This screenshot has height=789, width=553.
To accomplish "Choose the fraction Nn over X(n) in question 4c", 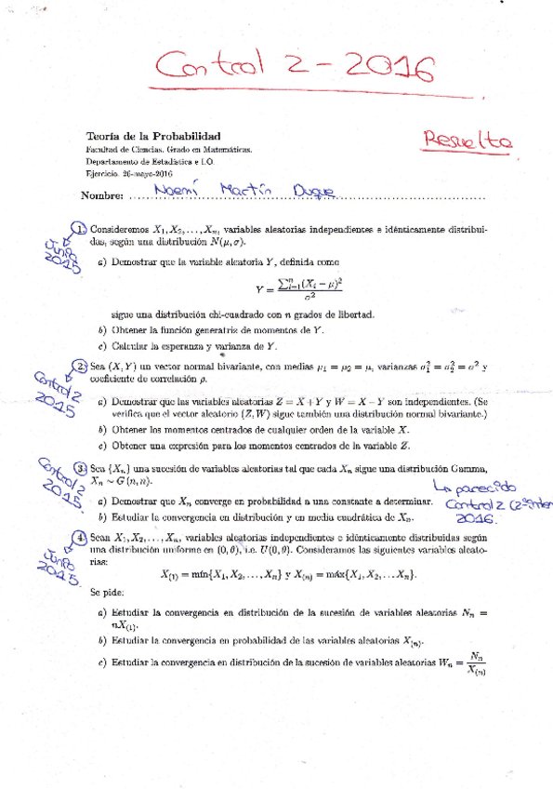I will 477,662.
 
